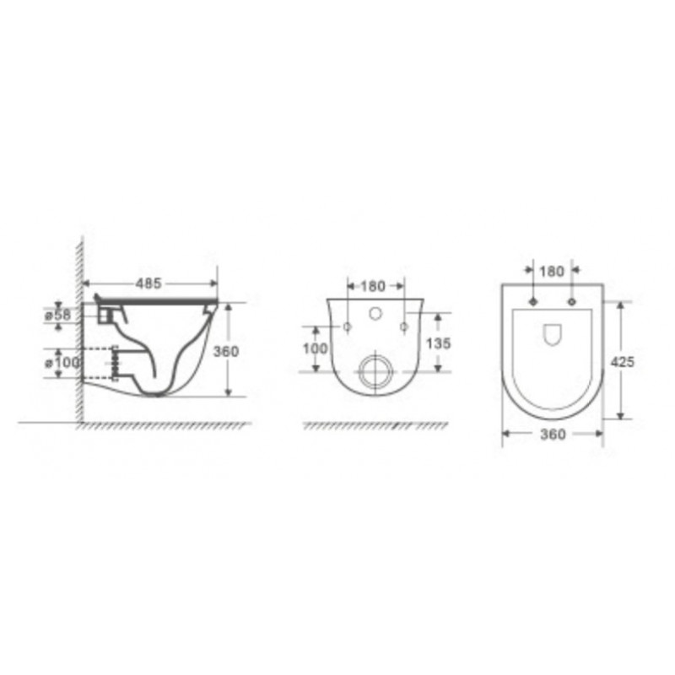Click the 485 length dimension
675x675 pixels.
pyautogui.click(x=148, y=283)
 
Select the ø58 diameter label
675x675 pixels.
pyautogui.click(x=57, y=315)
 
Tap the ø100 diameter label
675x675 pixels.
pyautogui.click(x=62, y=363)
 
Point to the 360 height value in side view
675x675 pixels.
pyautogui.click(x=226, y=352)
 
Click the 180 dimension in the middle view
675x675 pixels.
pyautogui.click(x=373, y=286)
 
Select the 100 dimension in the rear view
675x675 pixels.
pyautogui.click(x=315, y=348)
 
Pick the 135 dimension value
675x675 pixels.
pyautogui.click(x=438, y=343)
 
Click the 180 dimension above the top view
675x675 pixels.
pyautogui.click(x=552, y=272)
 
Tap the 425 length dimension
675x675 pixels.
pyautogui.click(x=623, y=362)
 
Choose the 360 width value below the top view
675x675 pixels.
pyautogui.click(x=553, y=435)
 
